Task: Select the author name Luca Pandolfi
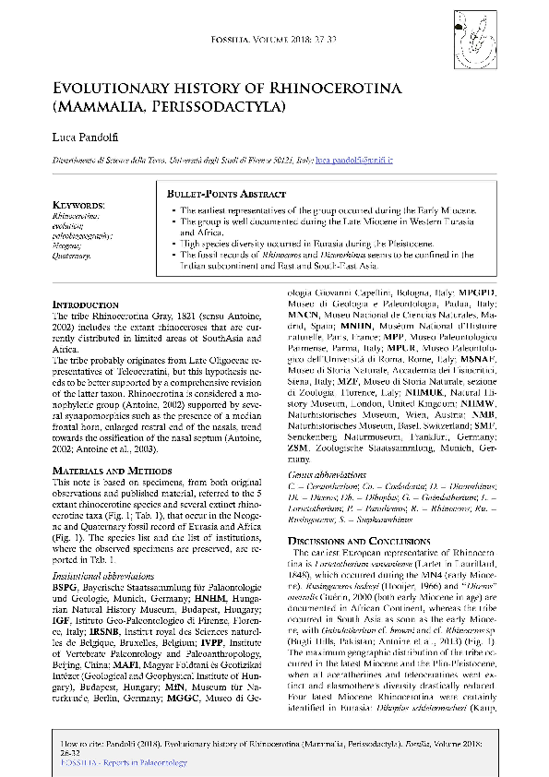coord(90,137)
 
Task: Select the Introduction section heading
coord(85,304)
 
